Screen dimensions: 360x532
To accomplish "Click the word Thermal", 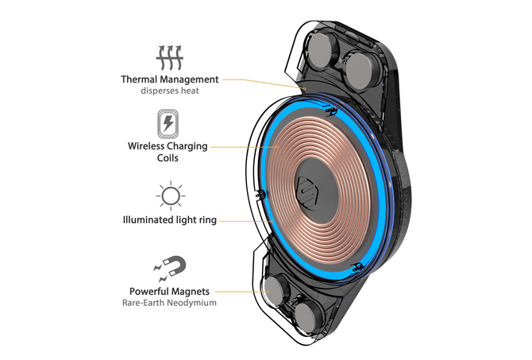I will click(140, 79).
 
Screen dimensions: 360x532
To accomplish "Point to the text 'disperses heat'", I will click(169, 91).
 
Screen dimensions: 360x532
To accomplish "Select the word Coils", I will click(168, 158).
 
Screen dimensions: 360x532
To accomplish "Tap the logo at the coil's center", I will click(306, 191).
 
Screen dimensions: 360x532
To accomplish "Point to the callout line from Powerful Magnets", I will click(243, 291).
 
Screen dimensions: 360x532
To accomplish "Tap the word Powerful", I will click(147, 291).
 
